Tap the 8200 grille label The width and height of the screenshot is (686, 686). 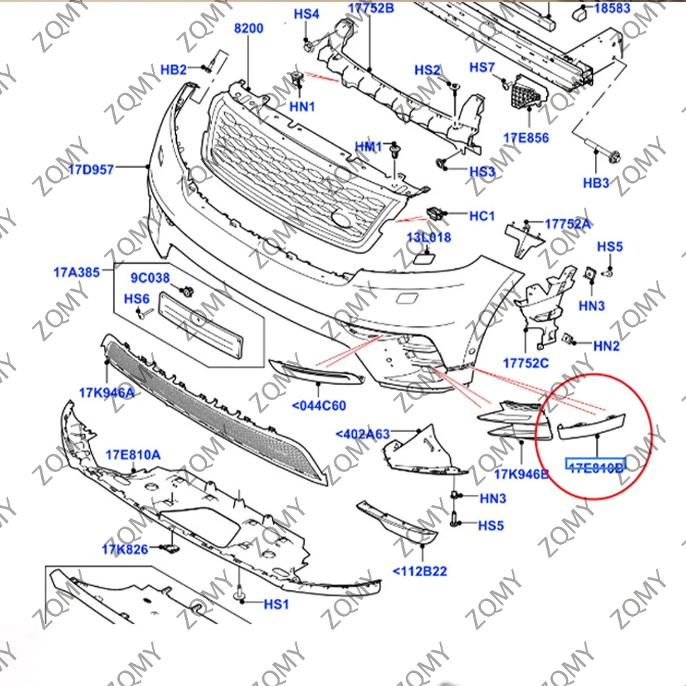coord(248,29)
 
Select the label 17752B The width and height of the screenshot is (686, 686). coord(371,8)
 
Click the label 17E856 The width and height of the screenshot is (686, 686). coord(526,138)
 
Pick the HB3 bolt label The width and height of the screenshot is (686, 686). coord(596,183)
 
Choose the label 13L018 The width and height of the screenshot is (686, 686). coord(429,238)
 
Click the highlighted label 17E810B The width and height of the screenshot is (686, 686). coord(595,467)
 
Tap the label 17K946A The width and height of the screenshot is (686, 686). coord(106,393)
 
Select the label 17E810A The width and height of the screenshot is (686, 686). coord(133,454)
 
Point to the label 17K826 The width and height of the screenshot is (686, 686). coord(125,549)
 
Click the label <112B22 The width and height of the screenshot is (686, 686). coord(419,571)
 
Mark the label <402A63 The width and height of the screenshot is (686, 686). coord(363,434)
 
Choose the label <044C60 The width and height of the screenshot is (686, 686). coord(319,406)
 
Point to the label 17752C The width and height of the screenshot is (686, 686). coord(526,363)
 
